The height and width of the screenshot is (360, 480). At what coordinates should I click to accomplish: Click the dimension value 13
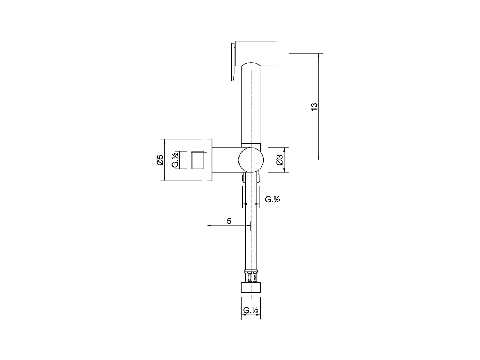[x=314, y=106]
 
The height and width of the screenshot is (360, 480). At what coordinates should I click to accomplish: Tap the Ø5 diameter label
[x=160, y=160]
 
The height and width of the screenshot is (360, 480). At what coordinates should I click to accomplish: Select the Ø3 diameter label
[x=280, y=160]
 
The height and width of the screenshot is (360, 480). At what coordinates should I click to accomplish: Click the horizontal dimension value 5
[x=229, y=221]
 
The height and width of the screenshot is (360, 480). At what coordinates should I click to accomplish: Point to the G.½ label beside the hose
[x=273, y=199]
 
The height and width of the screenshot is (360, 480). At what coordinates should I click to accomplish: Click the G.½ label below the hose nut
[x=251, y=310]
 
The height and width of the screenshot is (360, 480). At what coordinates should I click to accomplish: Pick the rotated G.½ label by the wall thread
[x=175, y=160]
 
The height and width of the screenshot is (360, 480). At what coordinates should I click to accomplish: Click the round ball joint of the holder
[x=251, y=160]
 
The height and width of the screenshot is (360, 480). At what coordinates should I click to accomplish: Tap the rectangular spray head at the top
[x=256, y=53]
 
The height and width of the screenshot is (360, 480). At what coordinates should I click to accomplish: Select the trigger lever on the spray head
[x=233, y=62]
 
